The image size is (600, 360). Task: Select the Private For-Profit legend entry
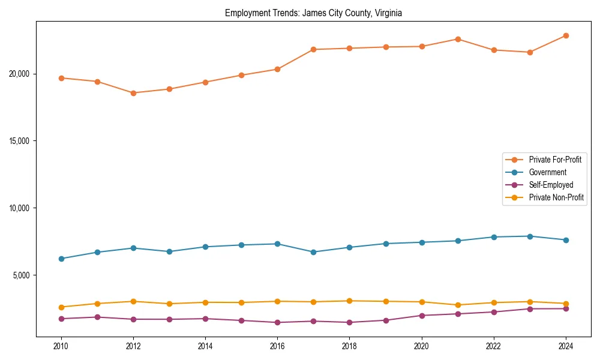click(554, 160)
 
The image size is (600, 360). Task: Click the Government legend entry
click(547, 172)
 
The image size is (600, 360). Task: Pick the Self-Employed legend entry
click(551, 185)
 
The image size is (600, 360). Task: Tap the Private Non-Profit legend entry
click(556, 197)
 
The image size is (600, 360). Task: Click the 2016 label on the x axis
click(277, 346)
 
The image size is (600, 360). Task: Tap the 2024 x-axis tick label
click(566, 346)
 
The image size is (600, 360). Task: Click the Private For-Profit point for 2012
click(133, 93)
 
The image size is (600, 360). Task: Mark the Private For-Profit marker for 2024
click(566, 35)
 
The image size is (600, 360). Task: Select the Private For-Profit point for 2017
click(313, 49)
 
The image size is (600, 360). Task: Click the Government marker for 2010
click(61, 259)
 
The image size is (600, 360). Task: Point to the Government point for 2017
click(313, 252)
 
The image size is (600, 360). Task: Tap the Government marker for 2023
click(530, 236)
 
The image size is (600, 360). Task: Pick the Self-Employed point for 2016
click(277, 322)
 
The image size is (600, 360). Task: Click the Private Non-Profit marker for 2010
click(61, 307)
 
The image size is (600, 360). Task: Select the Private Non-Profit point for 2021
click(458, 305)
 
